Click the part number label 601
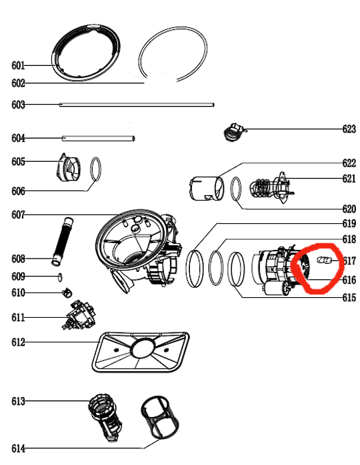(18, 65)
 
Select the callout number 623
(349, 129)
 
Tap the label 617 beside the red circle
(349, 261)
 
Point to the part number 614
(18, 448)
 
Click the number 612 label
(18, 342)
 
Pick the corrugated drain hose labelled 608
(62, 241)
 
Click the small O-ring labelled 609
(60, 277)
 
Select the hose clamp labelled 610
(67, 292)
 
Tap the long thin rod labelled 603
(137, 105)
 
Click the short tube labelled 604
(98, 139)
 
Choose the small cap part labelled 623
(235, 133)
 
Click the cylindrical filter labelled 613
(105, 418)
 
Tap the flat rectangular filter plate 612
(141, 352)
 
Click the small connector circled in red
(324, 260)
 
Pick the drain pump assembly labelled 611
(79, 315)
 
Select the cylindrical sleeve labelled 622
(207, 189)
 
